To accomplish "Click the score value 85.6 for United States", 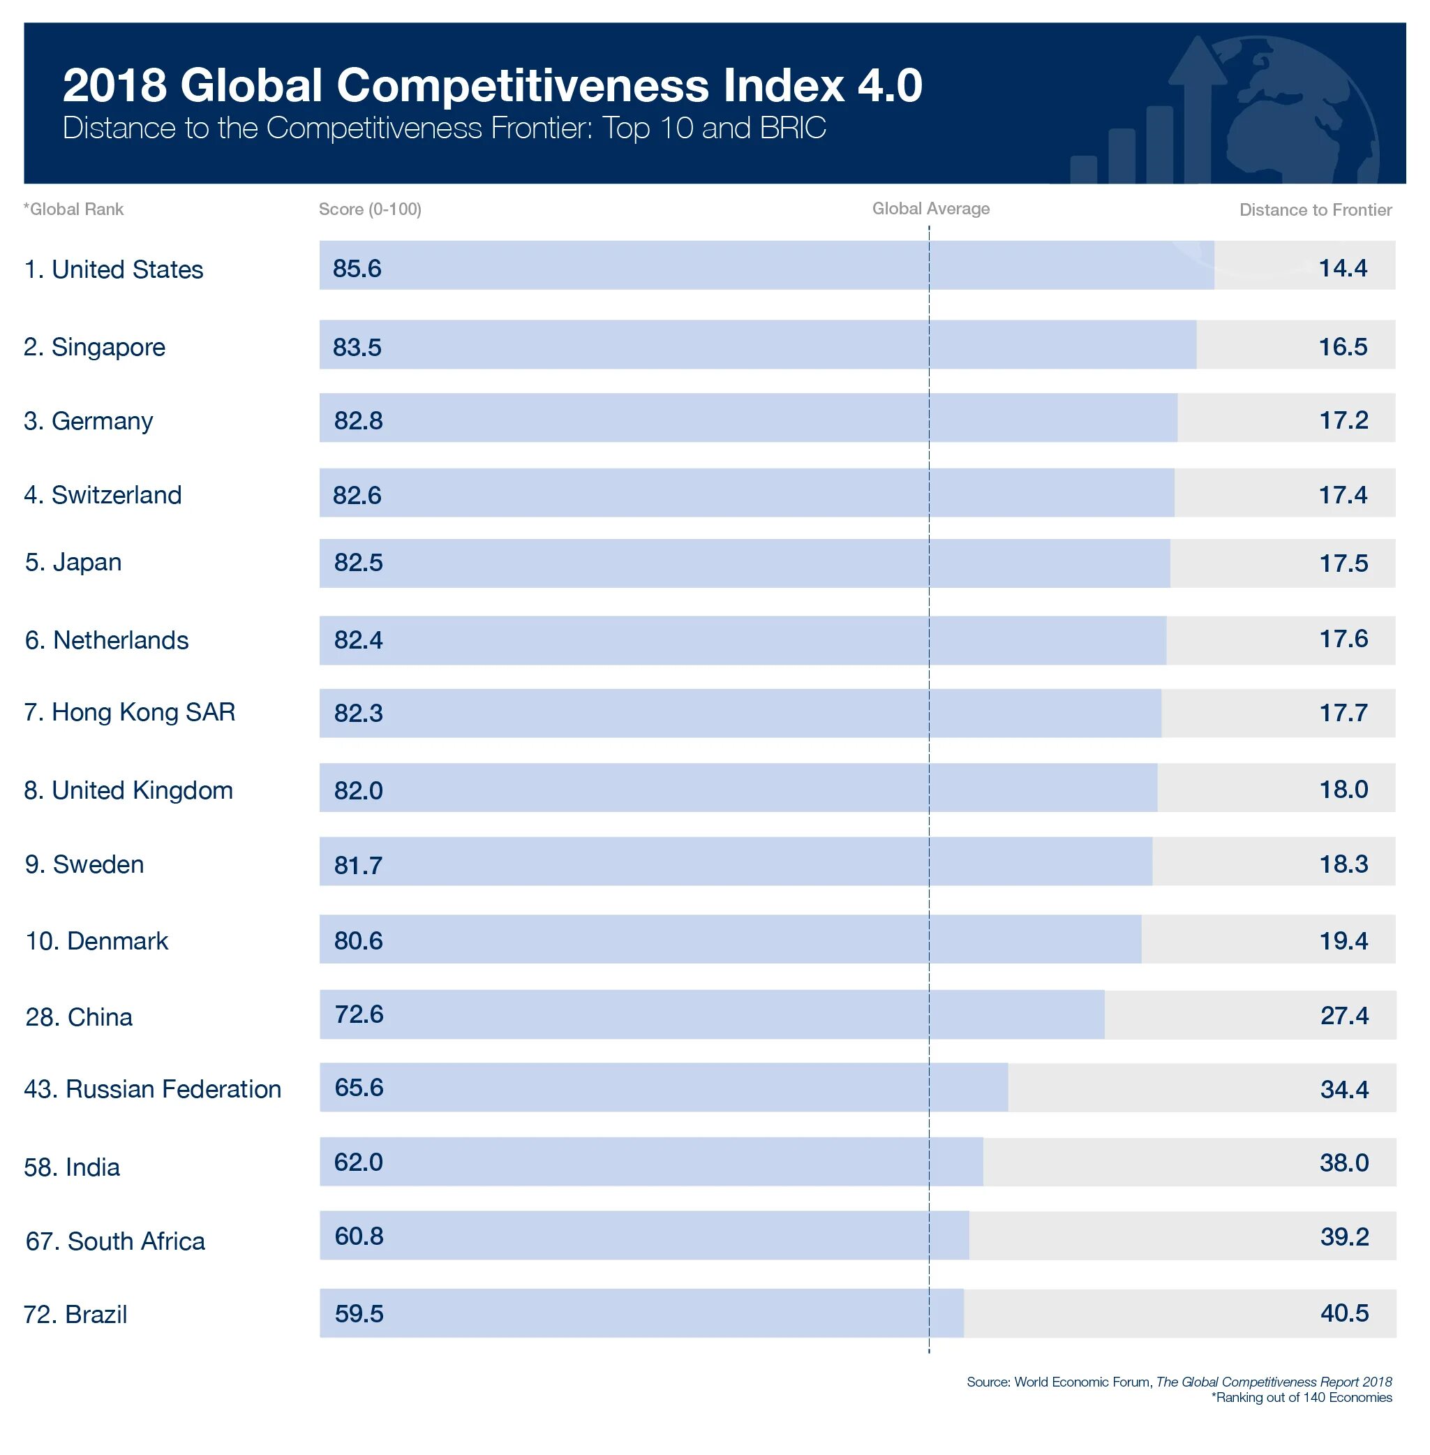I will pos(357,268).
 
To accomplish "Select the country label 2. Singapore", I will pos(95,347).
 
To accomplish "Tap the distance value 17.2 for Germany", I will pos(1343,420).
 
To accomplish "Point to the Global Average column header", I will pos(930,209).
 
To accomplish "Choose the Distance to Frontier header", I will pos(1315,210).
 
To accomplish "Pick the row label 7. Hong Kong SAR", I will pos(130,712).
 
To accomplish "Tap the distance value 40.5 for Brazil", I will pos(1344,1314).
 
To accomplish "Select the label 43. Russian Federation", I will pos(152,1089).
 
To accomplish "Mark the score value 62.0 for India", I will pos(358,1162).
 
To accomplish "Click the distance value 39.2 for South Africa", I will pos(1344,1237).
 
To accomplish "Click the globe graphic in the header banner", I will pos(1307,112).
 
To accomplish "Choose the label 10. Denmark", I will pos(97,941).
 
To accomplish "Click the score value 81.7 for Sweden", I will pos(358,865).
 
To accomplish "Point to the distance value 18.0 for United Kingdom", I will pos(1343,790).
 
